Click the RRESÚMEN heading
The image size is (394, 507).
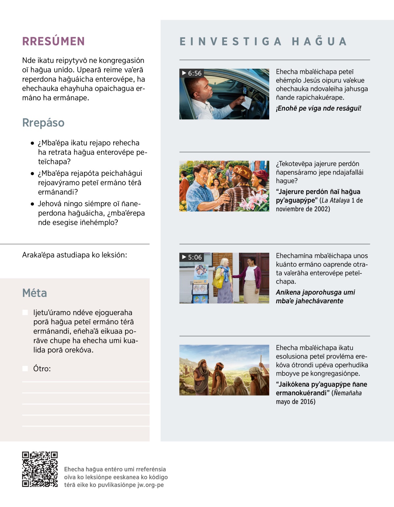(54, 41)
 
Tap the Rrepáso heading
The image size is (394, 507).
(43, 123)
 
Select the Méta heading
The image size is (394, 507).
(34, 293)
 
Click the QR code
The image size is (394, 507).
(40, 469)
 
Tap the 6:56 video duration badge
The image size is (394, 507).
(192, 73)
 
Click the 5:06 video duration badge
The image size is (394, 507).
(192, 257)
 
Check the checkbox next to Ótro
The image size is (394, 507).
(25, 369)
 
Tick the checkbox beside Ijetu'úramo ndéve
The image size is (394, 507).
(25, 312)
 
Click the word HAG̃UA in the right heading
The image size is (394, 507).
(319, 42)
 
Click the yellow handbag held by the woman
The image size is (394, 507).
(218, 283)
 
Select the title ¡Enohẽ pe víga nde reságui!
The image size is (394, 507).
(318, 108)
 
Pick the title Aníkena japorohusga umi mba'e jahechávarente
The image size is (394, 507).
(315, 297)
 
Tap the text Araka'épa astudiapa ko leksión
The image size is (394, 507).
(75, 255)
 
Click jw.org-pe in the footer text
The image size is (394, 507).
(150, 485)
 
